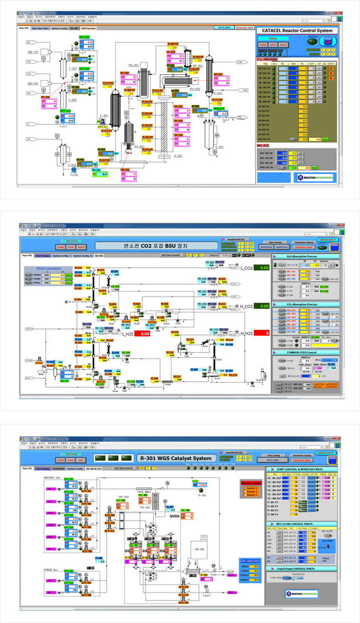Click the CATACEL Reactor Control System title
298,30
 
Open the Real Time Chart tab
40,29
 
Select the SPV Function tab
89,29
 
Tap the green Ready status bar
273,39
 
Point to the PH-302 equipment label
195,89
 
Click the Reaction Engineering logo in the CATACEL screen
315,177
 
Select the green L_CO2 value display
261,268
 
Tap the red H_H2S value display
261,333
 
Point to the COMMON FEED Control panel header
305,352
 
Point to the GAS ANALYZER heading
250,561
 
